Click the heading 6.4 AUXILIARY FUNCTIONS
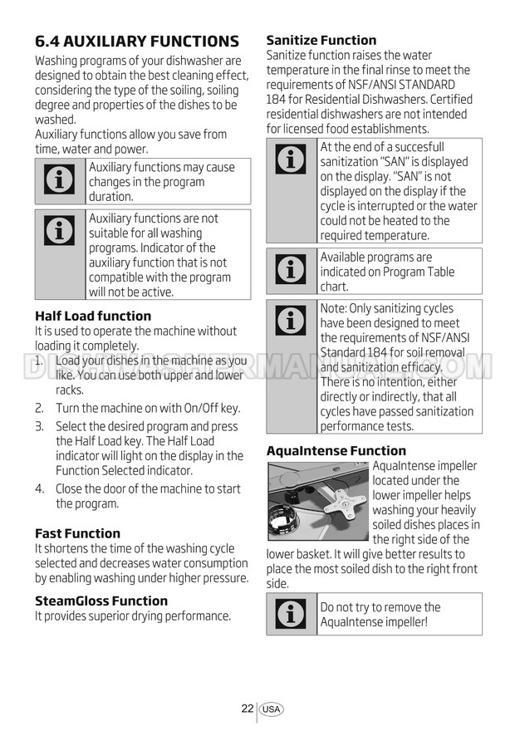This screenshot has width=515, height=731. pos(137,41)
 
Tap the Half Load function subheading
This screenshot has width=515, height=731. pos(93,316)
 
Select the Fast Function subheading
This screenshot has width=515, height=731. pos(77,533)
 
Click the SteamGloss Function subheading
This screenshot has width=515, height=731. pos(101,601)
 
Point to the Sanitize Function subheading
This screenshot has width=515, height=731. pos(321,40)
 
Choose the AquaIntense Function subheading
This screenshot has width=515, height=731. pos(336,451)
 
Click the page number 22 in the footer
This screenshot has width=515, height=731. pos(248,709)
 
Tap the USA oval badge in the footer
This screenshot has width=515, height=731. pos(271,709)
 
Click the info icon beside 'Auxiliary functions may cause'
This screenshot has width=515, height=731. pos(60,181)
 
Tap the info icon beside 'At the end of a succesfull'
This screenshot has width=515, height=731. pos(291,159)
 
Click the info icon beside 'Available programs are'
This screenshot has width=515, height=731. pos(291,270)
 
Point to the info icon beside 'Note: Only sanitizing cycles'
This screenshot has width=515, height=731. pos(291,320)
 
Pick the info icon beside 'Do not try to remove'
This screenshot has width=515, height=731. pos(291,614)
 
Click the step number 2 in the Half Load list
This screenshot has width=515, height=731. pos(39,408)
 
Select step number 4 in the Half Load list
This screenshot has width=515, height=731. pos(39,488)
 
